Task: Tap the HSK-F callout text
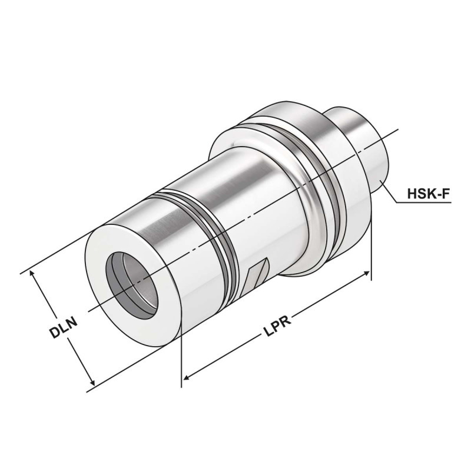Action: pyautogui.click(x=426, y=194)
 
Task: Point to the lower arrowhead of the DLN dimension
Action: pyautogui.click(x=90, y=383)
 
